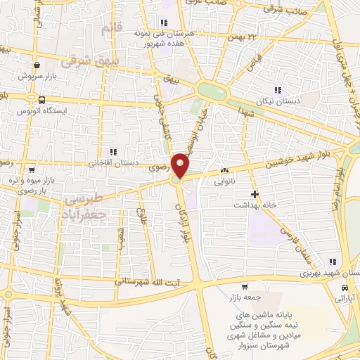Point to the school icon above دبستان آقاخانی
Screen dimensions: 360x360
112,151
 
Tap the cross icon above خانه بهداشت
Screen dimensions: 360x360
255,193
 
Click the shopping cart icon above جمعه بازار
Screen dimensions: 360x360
245,287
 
